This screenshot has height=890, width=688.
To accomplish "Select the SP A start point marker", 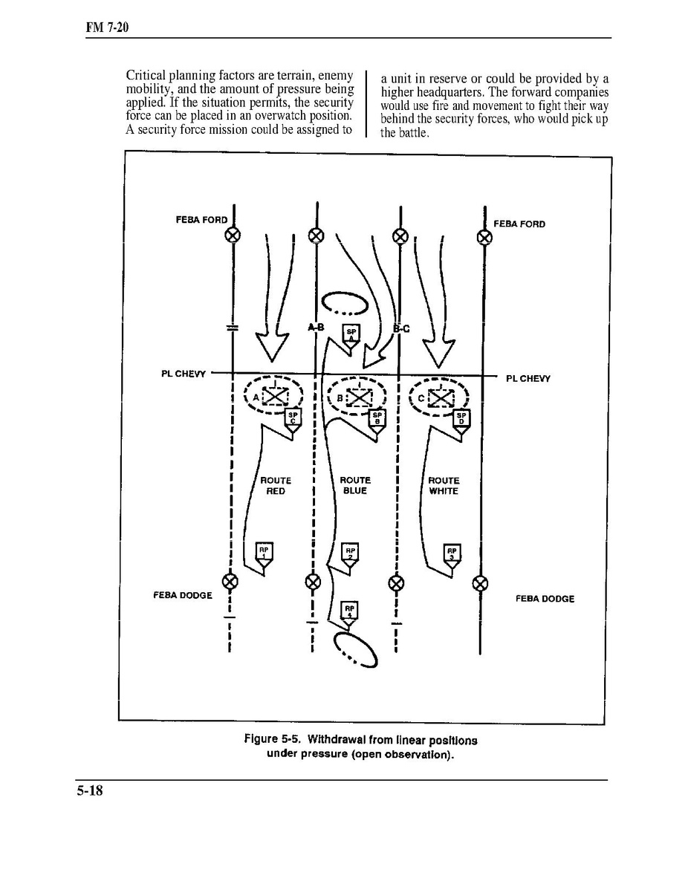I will point(351,334).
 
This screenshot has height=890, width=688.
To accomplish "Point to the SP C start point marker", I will point(293,418).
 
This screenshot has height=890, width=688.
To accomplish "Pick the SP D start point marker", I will point(461,418).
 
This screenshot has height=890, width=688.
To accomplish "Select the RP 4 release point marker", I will point(349,611).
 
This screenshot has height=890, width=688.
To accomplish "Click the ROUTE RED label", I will point(276,486).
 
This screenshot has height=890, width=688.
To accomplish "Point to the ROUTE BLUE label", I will point(355,486).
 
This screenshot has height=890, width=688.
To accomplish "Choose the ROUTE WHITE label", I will point(444,486).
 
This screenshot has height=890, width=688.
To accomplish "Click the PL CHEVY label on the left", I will point(183,374).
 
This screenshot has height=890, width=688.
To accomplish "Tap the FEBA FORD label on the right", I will point(519,224).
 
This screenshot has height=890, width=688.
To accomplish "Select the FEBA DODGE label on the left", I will point(183,595).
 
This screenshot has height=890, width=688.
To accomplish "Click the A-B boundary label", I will point(316,327).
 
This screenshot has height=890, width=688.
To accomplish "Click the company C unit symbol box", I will point(442,397).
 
